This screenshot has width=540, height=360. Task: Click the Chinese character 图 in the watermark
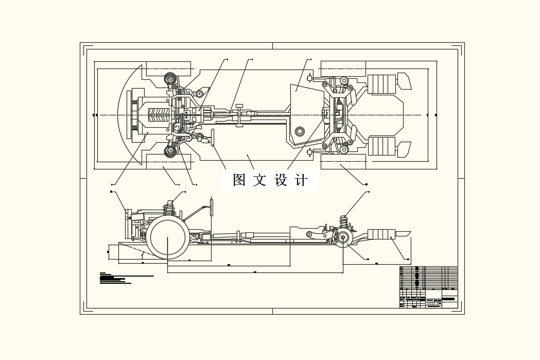point(239,180)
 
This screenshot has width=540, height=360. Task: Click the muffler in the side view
point(381,234)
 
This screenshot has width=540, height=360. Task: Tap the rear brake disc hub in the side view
point(342,238)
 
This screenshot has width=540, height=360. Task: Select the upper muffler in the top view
point(381,84)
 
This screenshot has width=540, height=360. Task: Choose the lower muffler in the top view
point(381,146)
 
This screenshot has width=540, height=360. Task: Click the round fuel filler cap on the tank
point(299,131)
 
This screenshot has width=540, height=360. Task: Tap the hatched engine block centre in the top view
point(159,115)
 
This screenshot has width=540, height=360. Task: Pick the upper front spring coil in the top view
point(170,79)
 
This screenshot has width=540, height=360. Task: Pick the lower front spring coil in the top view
point(170,151)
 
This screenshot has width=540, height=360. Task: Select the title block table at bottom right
point(428,287)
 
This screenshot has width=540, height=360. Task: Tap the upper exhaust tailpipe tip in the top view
point(404,81)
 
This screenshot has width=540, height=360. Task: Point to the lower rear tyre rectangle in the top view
point(343,161)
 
